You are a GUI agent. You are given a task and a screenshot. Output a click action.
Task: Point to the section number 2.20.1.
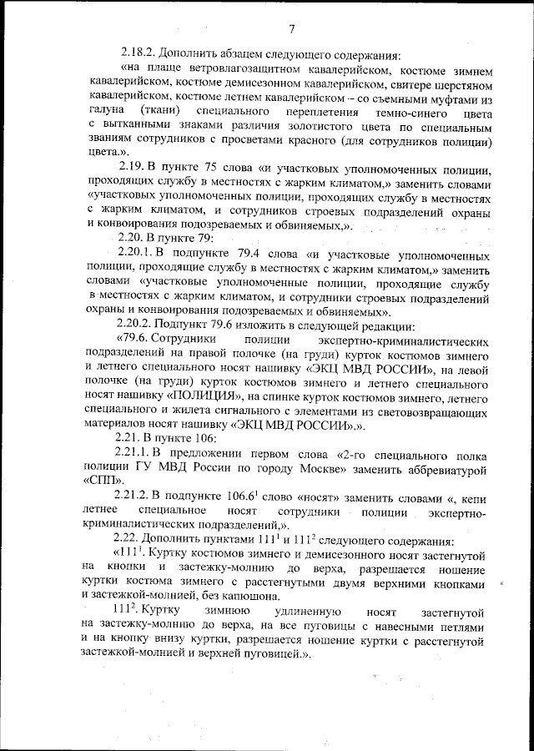139,254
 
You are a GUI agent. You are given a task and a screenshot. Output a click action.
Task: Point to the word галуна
105,112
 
